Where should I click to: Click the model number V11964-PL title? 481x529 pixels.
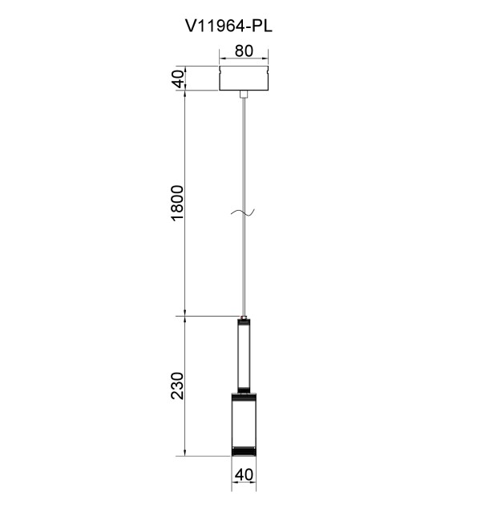(228, 26)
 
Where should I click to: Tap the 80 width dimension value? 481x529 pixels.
(244, 51)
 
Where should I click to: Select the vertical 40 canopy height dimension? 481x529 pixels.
(179, 79)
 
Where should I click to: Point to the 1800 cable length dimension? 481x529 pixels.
(177, 203)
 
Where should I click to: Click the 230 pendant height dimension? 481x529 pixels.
(177, 386)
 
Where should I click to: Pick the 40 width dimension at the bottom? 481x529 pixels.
(244, 474)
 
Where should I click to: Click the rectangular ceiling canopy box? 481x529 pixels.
(244, 79)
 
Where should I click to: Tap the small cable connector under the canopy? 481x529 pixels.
(244, 94)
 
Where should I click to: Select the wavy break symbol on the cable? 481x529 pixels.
(243, 212)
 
